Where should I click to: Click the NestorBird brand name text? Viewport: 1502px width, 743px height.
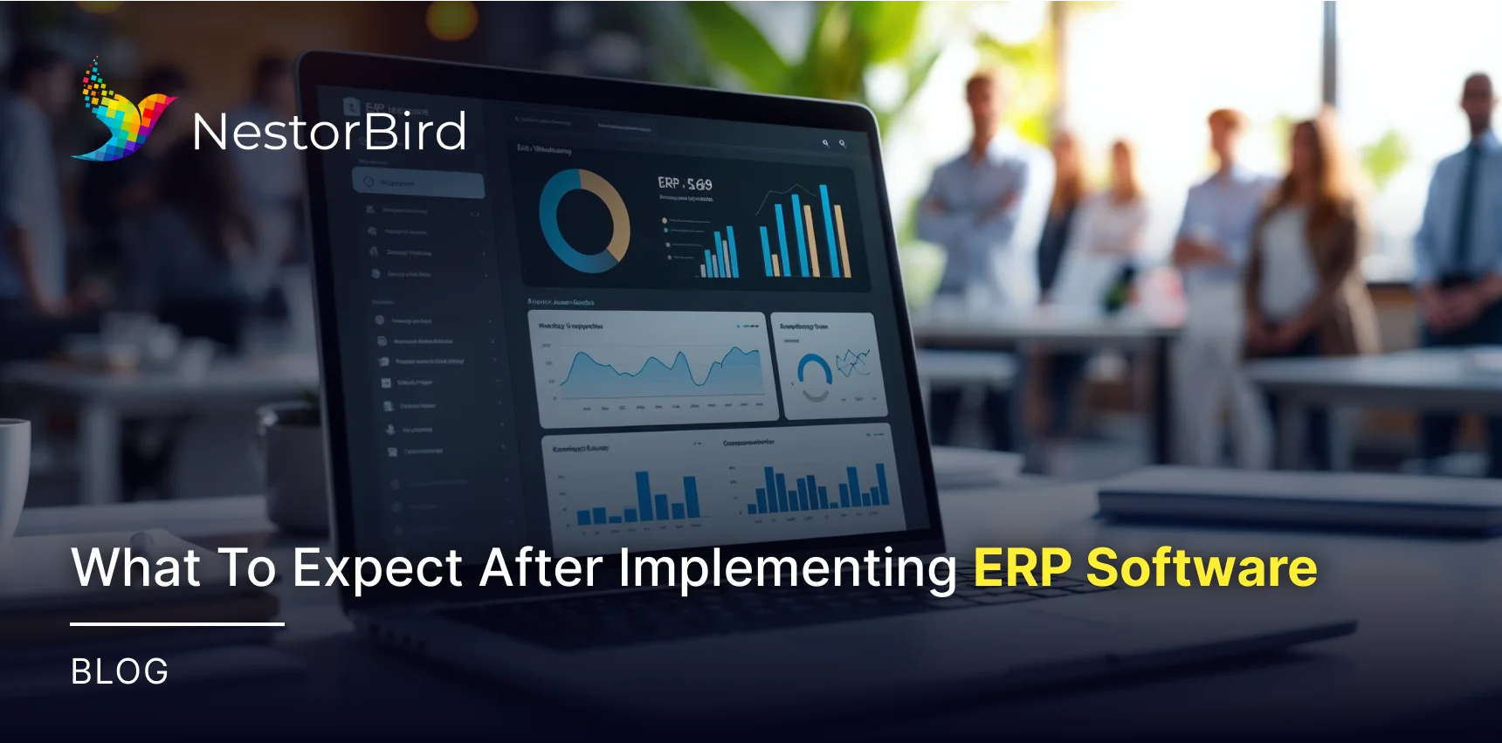click(x=329, y=132)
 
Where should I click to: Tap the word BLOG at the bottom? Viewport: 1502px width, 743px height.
click(x=120, y=671)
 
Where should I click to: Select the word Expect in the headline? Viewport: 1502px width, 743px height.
click(x=377, y=568)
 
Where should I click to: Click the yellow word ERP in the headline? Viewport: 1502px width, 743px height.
click(x=1022, y=568)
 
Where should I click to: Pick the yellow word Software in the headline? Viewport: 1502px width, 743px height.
click(x=1202, y=568)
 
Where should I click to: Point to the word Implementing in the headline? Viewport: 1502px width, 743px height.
click(x=788, y=568)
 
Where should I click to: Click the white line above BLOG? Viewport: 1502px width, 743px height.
click(x=177, y=624)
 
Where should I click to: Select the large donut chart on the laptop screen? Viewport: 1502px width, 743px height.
click(x=584, y=221)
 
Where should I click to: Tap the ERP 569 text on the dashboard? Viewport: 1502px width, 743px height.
click(x=685, y=183)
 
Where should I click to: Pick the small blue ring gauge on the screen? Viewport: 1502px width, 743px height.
click(x=814, y=375)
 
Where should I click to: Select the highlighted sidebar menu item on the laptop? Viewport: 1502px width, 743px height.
click(x=418, y=183)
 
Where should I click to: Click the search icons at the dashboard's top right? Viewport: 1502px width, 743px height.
click(x=833, y=143)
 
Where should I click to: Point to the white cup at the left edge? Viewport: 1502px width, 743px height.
click(x=13, y=471)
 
